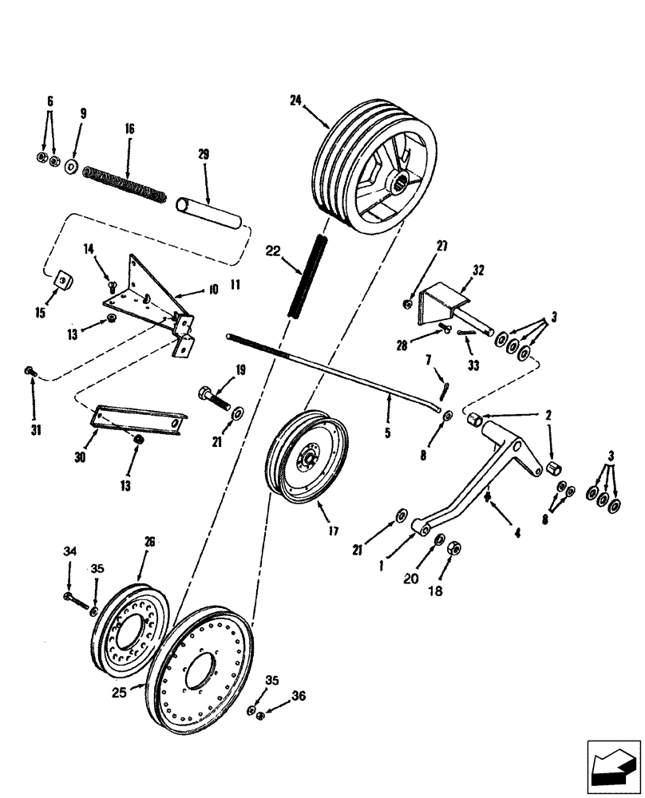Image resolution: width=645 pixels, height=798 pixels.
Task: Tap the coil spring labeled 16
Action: [x=125, y=184]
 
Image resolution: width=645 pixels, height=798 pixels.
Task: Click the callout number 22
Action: [x=274, y=251]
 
